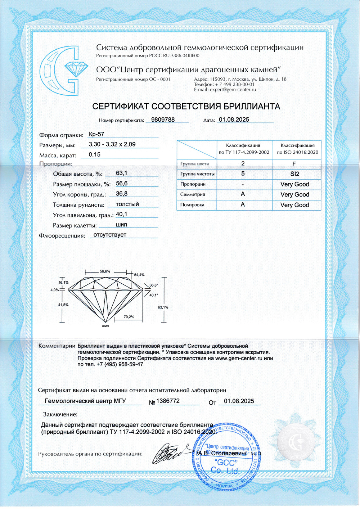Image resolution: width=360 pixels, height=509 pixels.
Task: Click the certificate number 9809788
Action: point(163,120)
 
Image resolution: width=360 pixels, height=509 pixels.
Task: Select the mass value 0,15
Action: point(95,154)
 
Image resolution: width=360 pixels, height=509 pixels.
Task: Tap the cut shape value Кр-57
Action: point(96,134)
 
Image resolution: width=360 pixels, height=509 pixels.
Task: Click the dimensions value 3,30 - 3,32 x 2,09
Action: point(112,144)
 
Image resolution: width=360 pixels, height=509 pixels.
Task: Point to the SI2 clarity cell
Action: point(294,174)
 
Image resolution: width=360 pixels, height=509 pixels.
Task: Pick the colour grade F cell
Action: point(294,164)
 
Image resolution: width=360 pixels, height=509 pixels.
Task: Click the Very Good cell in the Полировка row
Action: point(294,205)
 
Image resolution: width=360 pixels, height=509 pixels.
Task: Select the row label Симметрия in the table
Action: point(193,194)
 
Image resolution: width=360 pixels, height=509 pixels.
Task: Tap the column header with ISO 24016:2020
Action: point(297,149)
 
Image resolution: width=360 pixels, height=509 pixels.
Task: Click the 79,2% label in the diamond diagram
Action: point(129,317)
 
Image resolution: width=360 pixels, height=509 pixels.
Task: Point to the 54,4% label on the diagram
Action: point(139,275)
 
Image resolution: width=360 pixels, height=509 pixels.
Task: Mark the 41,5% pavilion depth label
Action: point(63,305)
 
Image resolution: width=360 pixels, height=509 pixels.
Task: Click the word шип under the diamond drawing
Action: point(105,326)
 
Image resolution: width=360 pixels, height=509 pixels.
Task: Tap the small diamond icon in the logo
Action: point(76,68)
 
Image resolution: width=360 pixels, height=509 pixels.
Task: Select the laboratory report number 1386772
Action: point(168,401)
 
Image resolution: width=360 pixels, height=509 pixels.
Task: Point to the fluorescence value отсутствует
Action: point(110,235)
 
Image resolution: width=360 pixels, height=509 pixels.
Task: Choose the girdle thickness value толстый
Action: point(127,204)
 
